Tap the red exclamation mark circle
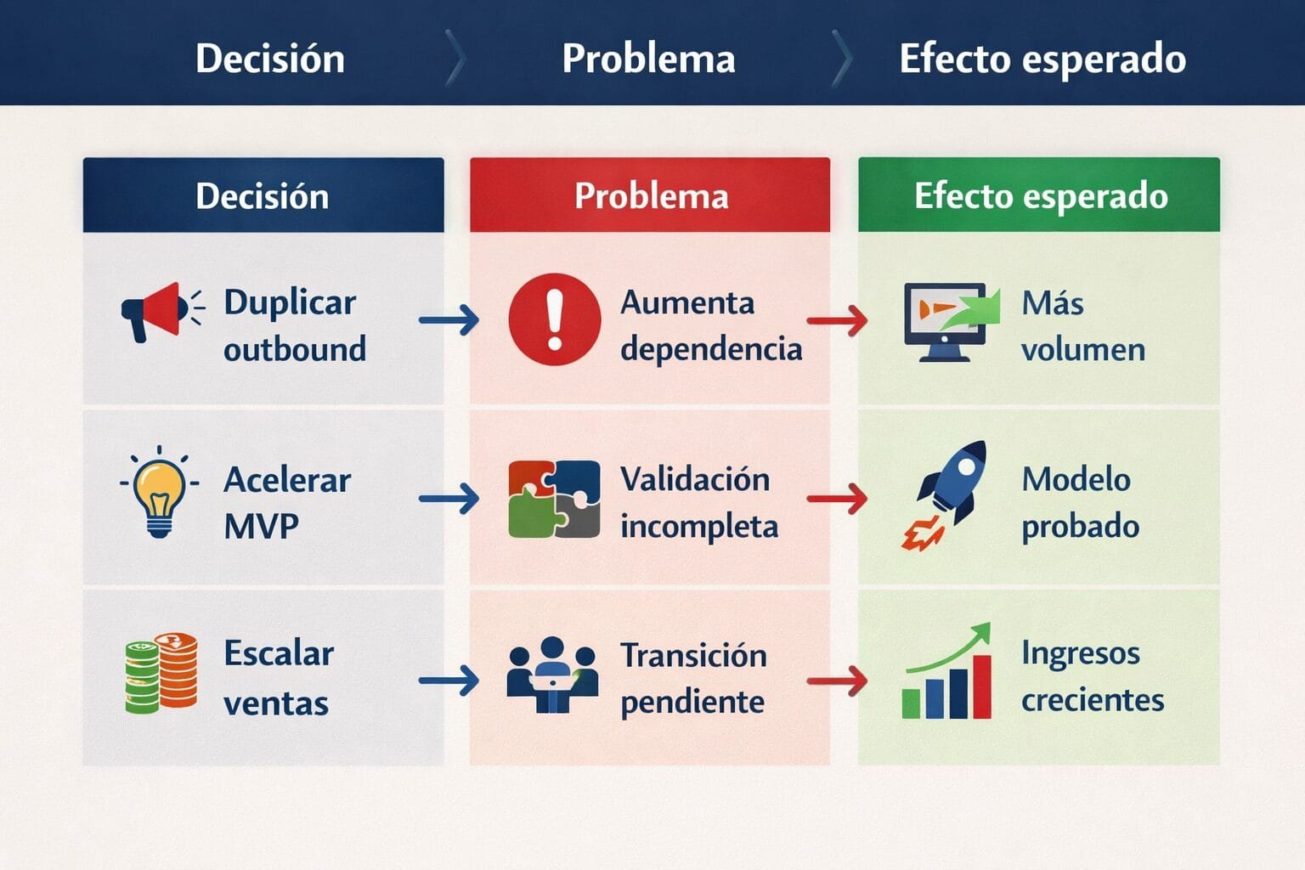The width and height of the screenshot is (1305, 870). (x=555, y=319)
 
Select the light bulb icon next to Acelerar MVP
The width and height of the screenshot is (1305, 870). (x=159, y=493)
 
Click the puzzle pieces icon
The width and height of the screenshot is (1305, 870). (x=554, y=499)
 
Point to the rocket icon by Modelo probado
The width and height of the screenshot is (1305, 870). (x=946, y=493)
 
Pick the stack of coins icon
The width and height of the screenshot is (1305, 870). (x=161, y=673)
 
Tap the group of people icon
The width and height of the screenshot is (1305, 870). (x=552, y=675)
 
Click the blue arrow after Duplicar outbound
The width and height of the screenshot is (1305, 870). (x=449, y=320)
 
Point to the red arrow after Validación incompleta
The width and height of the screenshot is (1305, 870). (x=837, y=499)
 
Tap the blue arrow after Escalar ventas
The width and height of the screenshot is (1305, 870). (x=449, y=681)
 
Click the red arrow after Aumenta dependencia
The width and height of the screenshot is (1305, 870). (x=837, y=320)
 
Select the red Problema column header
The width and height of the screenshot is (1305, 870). (x=650, y=195)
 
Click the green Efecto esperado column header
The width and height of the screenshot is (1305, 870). (x=1039, y=195)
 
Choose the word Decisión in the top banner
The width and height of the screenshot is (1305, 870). (x=270, y=59)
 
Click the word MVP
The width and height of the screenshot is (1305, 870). (x=261, y=527)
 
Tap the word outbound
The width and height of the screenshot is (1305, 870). (x=295, y=349)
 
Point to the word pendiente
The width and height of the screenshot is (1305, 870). (x=692, y=703)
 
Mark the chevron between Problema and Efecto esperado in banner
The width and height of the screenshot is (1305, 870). (x=842, y=59)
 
